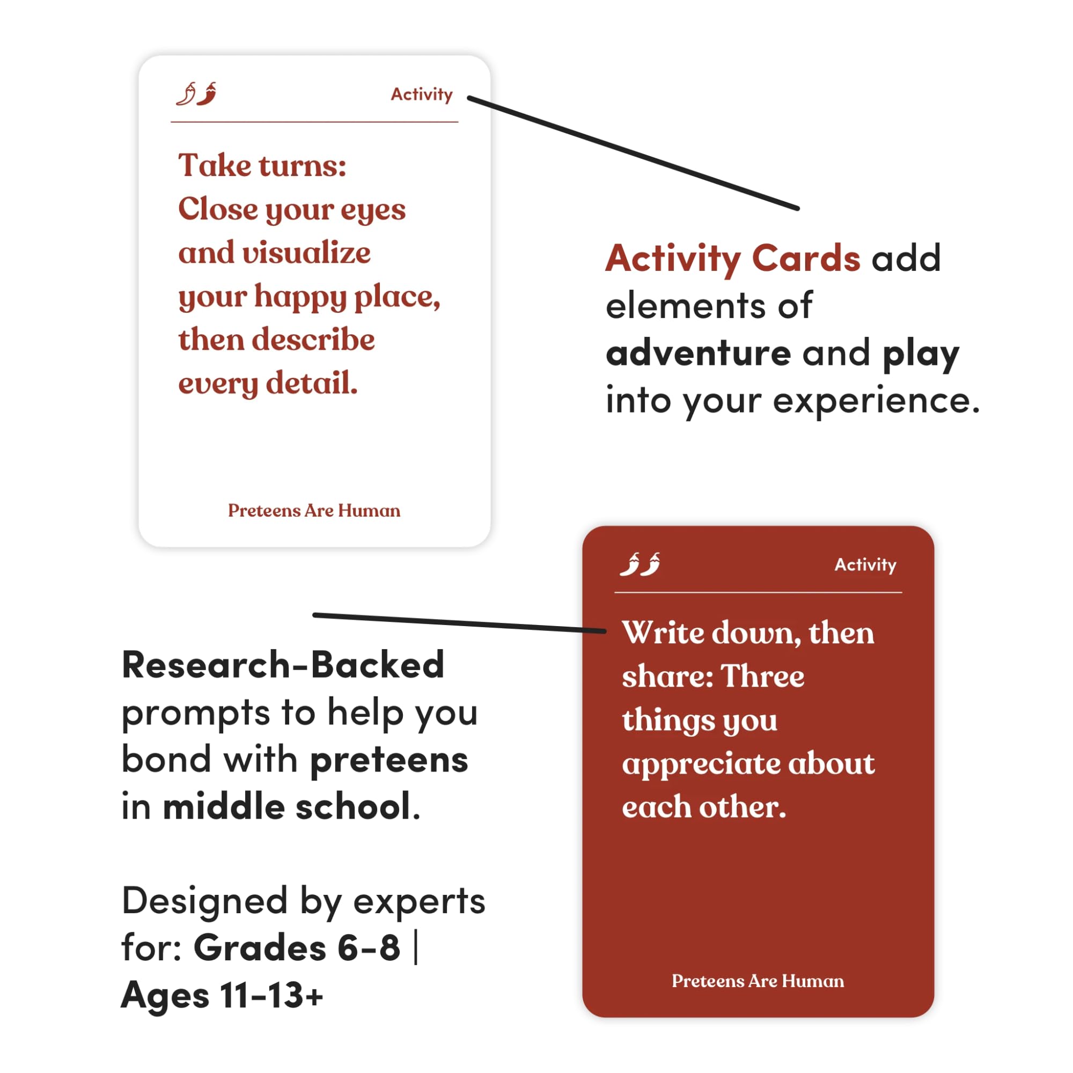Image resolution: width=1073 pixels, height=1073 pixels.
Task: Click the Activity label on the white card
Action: (422, 94)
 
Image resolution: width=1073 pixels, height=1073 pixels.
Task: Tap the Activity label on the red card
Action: (865, 565)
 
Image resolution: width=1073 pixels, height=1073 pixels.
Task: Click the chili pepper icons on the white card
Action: (196, 94)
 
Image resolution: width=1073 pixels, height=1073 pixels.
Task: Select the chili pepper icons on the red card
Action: (640, 564)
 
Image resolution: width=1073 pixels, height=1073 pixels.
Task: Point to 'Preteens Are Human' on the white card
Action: (314, 510)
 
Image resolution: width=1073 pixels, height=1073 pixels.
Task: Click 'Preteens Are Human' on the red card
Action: (758, 981)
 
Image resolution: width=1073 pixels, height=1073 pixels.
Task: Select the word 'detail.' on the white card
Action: (312, 383)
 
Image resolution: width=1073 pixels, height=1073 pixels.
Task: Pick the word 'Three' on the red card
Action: (762, 677)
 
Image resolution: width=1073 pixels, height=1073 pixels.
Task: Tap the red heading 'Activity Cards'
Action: (732, 258)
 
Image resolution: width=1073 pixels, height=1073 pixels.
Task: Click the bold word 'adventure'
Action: (698, 353)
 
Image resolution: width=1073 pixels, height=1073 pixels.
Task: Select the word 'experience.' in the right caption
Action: (876, 400)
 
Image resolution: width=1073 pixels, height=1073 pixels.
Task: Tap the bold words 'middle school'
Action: (286, 806)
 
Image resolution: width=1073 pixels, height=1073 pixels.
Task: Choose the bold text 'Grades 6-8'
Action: (297, 947)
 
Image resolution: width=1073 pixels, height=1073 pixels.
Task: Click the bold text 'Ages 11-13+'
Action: (222, 995)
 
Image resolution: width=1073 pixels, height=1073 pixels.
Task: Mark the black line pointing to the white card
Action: (633, 153)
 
